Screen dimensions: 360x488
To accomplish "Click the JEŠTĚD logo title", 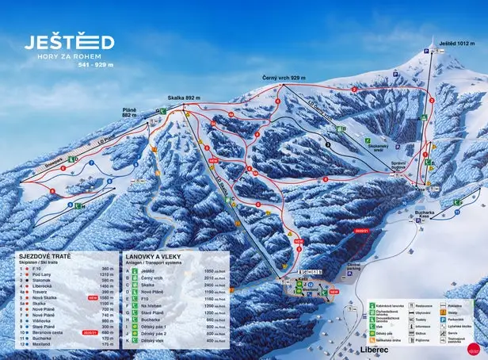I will (x=69, y=41).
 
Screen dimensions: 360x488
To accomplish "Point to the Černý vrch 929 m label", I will (x=284, y=79).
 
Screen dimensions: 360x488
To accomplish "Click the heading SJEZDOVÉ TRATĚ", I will (x=46, y=258).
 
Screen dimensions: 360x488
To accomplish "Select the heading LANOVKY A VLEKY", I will (x=152, y=258).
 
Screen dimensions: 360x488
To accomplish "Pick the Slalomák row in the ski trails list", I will (x=44, y=279).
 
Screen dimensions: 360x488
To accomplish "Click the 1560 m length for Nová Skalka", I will (x=108, y=297).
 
